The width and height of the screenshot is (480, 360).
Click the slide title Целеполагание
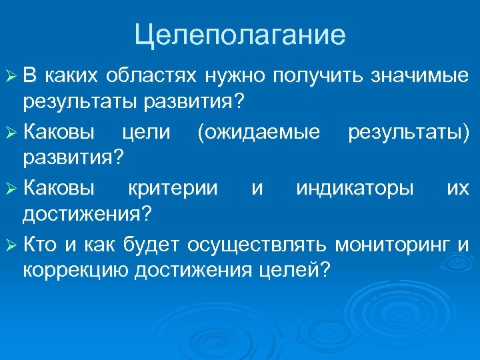click(240, 35)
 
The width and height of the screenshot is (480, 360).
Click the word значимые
click(420, 77)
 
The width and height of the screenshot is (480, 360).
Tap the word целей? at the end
click(296, 271)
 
